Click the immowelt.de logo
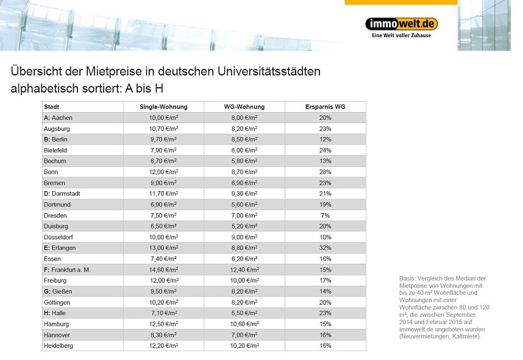tap(401, 24)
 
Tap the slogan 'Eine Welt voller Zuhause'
tap(401, 35)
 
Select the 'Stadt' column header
tap(52, 107)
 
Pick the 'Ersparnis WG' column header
tap(325, 107)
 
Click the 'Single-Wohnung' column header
tap(163, 107)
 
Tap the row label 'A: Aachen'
tap(59, 118)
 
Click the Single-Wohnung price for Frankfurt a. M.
tap(163, 270)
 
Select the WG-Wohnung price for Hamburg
tap(240, 324)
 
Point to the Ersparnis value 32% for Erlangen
tap(325, 248)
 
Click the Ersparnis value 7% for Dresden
tap(325, 216)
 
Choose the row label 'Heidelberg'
tap(59, 346)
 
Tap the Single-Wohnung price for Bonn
tap(163, 172)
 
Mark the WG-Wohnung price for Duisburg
tap(240, 226)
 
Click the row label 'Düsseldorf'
tap(59, 237)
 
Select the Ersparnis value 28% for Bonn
tap(325, 172)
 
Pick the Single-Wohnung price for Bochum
tap(163, 161)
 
